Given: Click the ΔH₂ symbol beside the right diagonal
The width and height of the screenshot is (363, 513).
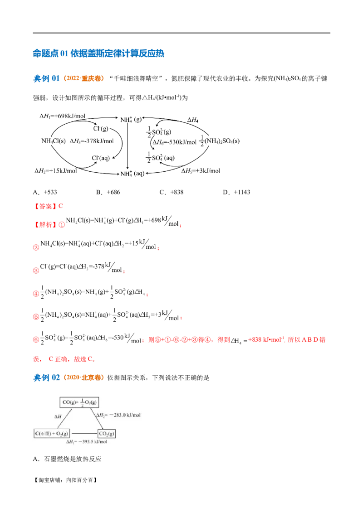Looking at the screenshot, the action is pos(100,414).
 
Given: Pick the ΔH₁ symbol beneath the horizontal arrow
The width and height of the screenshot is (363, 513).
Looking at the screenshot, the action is pos(71,442).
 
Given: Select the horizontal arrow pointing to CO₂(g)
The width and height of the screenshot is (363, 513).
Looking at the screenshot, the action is pos(83,433).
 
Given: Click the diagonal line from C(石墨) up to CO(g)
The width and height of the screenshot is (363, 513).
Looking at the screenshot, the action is pos(65,418).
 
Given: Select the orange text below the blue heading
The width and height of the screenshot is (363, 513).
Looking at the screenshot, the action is pos(83,78).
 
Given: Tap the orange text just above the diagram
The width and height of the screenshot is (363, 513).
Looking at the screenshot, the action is pos(83,377).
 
